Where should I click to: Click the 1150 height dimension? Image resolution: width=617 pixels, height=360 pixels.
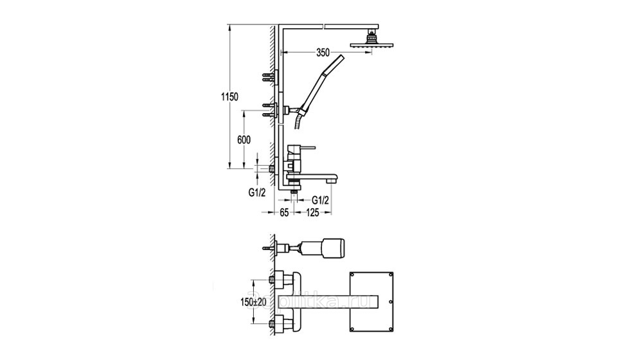click(x=230, y=97)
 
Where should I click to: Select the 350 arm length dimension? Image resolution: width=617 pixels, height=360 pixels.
click(x=323, y=53)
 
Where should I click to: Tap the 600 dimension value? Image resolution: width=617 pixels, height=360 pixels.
click(x=244, y=139)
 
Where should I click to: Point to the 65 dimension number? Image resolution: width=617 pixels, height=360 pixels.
click(x=285, y=213)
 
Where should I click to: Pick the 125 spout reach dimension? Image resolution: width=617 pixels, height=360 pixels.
click(x=312, y=213)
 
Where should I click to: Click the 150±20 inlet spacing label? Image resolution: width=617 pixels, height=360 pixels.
click(x=253, y=302)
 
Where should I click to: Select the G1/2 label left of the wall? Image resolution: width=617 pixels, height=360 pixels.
click(x=257, y=193)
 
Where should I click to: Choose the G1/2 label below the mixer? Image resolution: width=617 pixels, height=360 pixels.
click(x=320, y=200)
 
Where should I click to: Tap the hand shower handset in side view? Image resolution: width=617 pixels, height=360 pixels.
click(x=323, y=83)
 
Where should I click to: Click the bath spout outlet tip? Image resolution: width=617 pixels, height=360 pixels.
click(x=333, y=180)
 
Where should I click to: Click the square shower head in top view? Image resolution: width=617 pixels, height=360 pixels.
click(x=371, y=301)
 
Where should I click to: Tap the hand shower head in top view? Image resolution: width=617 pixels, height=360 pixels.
click(x=334, y=249)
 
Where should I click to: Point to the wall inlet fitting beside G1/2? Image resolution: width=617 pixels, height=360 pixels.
click(x=271, y=169)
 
